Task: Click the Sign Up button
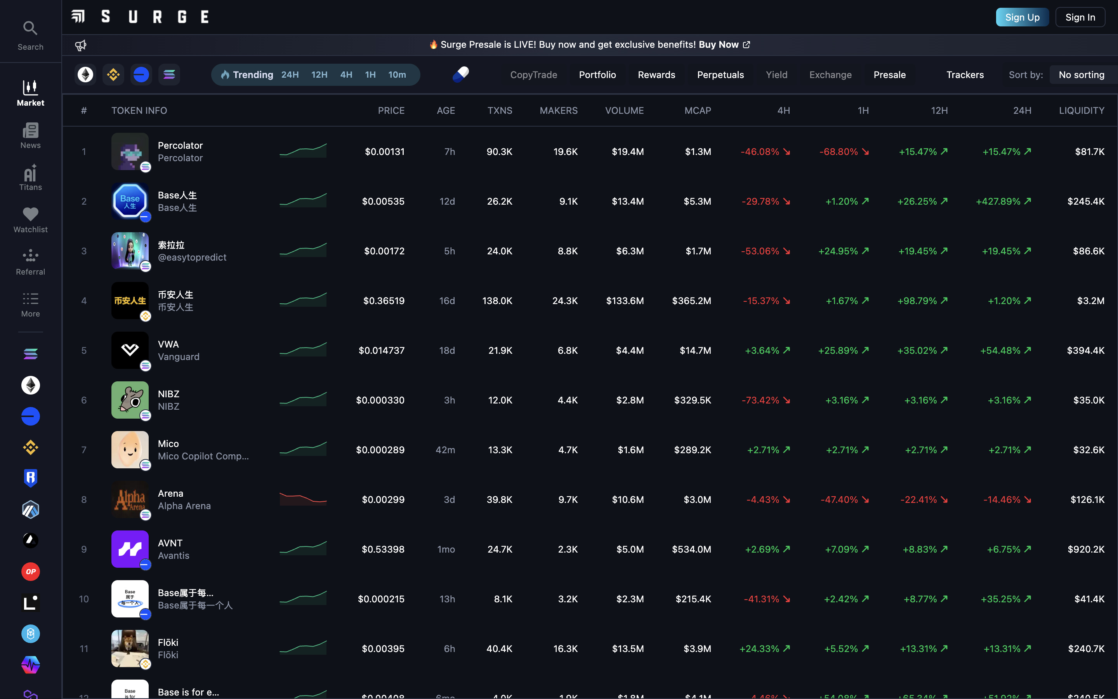point(1022,17)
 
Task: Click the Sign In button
point(1080,17)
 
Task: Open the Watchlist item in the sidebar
point(31,219)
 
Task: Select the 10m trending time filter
point(397,75)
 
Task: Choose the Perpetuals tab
point(720,75)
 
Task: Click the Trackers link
point(965,75)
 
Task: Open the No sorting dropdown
point(1081,75)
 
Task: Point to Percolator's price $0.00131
point(384,151)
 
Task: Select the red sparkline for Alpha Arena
point(303,499)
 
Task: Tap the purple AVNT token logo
point(130,549)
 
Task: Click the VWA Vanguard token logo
point(130,350)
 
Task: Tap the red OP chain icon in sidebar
point(31,571)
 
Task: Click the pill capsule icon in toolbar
point(461,75)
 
